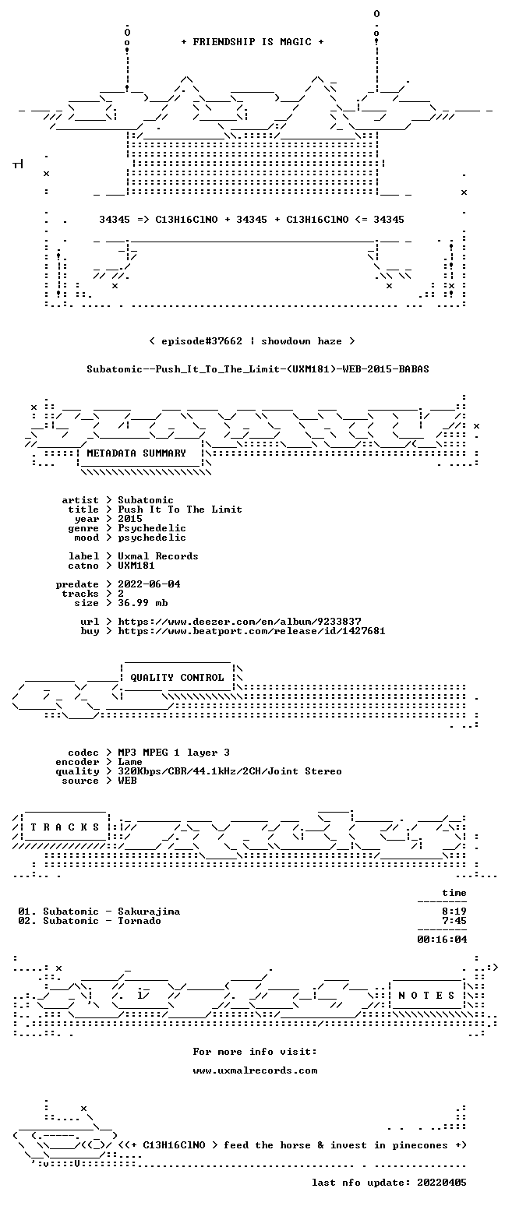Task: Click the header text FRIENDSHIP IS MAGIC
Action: click(x=252, y=42)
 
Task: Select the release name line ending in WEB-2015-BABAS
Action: click(x=258, y=369)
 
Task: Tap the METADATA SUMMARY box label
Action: click(x=136, y=453)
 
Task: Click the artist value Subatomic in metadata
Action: click(x=146, y=500)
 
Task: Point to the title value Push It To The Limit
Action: click(x=180, y=510)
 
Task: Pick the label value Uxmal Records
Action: click(x=158, y=556)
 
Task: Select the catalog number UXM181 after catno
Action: click(x=136, y=566)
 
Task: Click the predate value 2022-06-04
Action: click(x=149, y=584)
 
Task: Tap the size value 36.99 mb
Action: click(x=143, y=603)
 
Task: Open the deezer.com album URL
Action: click(x=239, y=622)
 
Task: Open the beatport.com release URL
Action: click(x=252, y=631)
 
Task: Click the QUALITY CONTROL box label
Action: click(x=177, y=678)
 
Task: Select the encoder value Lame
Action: click(x=130, y=762)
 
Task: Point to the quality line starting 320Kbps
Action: click(x=230, y=771)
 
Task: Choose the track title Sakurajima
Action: click(x=149, y=912)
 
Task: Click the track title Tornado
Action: click(x=139, y=921)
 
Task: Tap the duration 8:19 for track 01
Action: click(x=454, y=912)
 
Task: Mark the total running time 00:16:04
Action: click(x=442, y=940)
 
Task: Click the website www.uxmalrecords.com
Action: click(x=255, y=1070)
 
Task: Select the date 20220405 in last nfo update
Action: click(x=442, y=1183)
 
